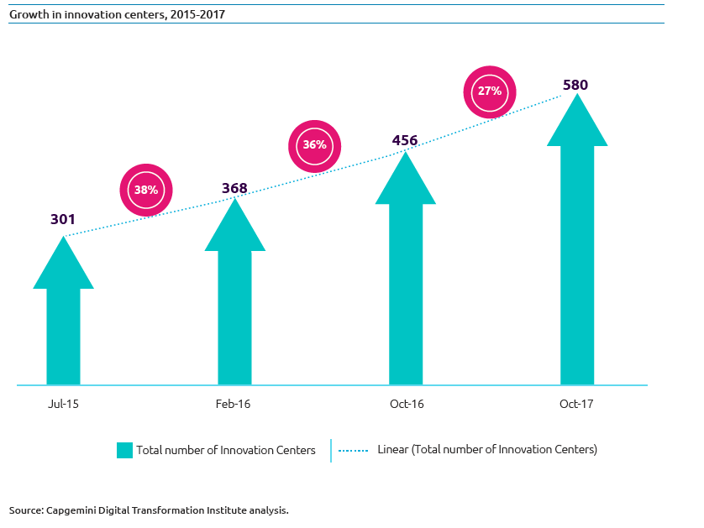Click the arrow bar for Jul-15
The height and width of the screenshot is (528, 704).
coord(63,327)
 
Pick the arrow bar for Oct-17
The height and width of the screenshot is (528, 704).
coord(577,252)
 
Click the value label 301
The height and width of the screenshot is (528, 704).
coord(63,220)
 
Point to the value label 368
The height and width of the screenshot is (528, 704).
coord(234,188)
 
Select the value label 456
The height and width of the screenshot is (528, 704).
coord(406,140)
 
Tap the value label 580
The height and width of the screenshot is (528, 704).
coord(576,85)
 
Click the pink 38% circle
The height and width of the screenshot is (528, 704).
coord(146,190)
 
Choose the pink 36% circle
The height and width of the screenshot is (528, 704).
coord(315,145)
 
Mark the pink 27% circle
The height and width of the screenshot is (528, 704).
coord(490,91)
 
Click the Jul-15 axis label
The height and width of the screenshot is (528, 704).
coord(63,405)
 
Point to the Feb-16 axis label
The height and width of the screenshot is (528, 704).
coord(234,405)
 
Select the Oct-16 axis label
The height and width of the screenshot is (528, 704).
coord(407,405)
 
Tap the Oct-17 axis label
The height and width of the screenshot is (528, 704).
coord(576,405)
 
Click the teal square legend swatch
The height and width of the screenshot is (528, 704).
coord(124,450)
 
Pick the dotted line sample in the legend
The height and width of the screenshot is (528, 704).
coord(354,450)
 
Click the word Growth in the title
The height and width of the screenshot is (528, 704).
coord(27,14)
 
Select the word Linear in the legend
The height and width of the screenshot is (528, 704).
coord(394,450)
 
